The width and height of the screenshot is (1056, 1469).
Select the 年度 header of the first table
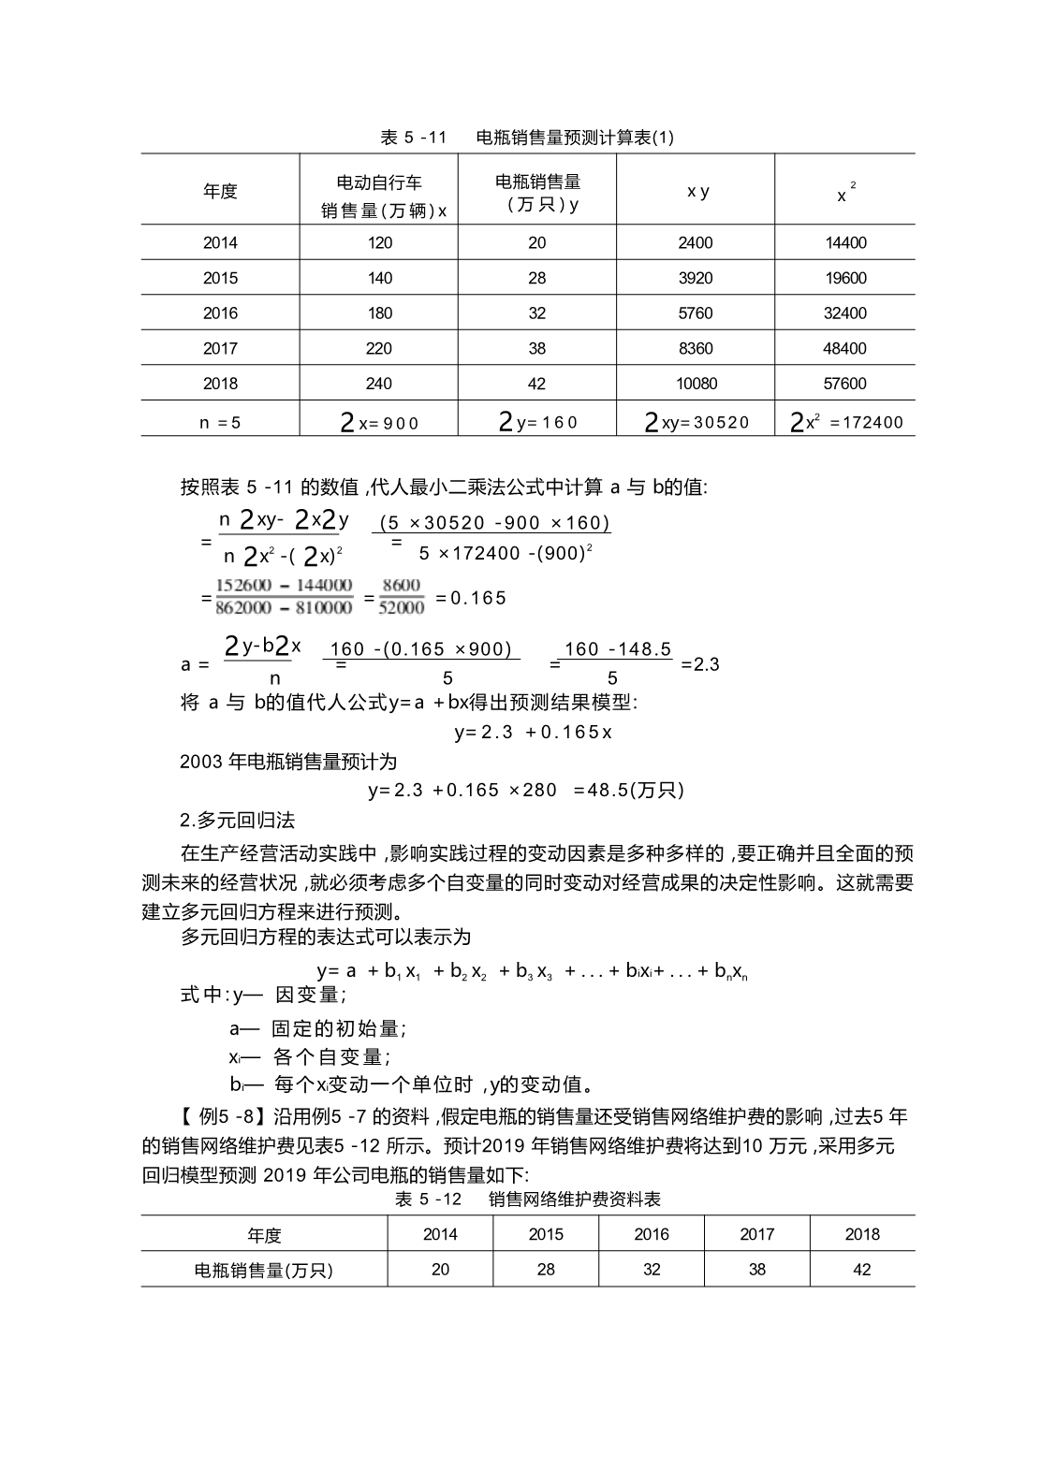[220, 191]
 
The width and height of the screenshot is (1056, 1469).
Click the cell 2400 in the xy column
[696, 243]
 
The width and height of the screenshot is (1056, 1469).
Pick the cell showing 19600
[845, 278]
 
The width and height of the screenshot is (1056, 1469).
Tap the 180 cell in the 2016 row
[379, 313]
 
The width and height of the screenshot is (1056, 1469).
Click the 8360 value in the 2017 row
[696, 349]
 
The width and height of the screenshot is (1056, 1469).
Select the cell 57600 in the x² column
[845, 384]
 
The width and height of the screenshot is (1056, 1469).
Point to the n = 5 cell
[220, 423]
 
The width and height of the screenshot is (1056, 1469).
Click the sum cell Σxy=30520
[697, 423]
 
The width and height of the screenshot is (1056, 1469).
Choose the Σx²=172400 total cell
[846, 423]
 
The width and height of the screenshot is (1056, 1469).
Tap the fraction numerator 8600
[402, 586]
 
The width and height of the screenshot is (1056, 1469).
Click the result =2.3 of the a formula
[700, 664]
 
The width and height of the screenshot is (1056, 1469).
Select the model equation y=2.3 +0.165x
[533, 733]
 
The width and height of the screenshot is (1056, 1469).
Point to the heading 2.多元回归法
[237, 821]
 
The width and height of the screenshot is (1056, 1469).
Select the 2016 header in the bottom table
[652, 1234]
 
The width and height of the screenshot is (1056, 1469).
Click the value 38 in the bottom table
[757, 1270]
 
